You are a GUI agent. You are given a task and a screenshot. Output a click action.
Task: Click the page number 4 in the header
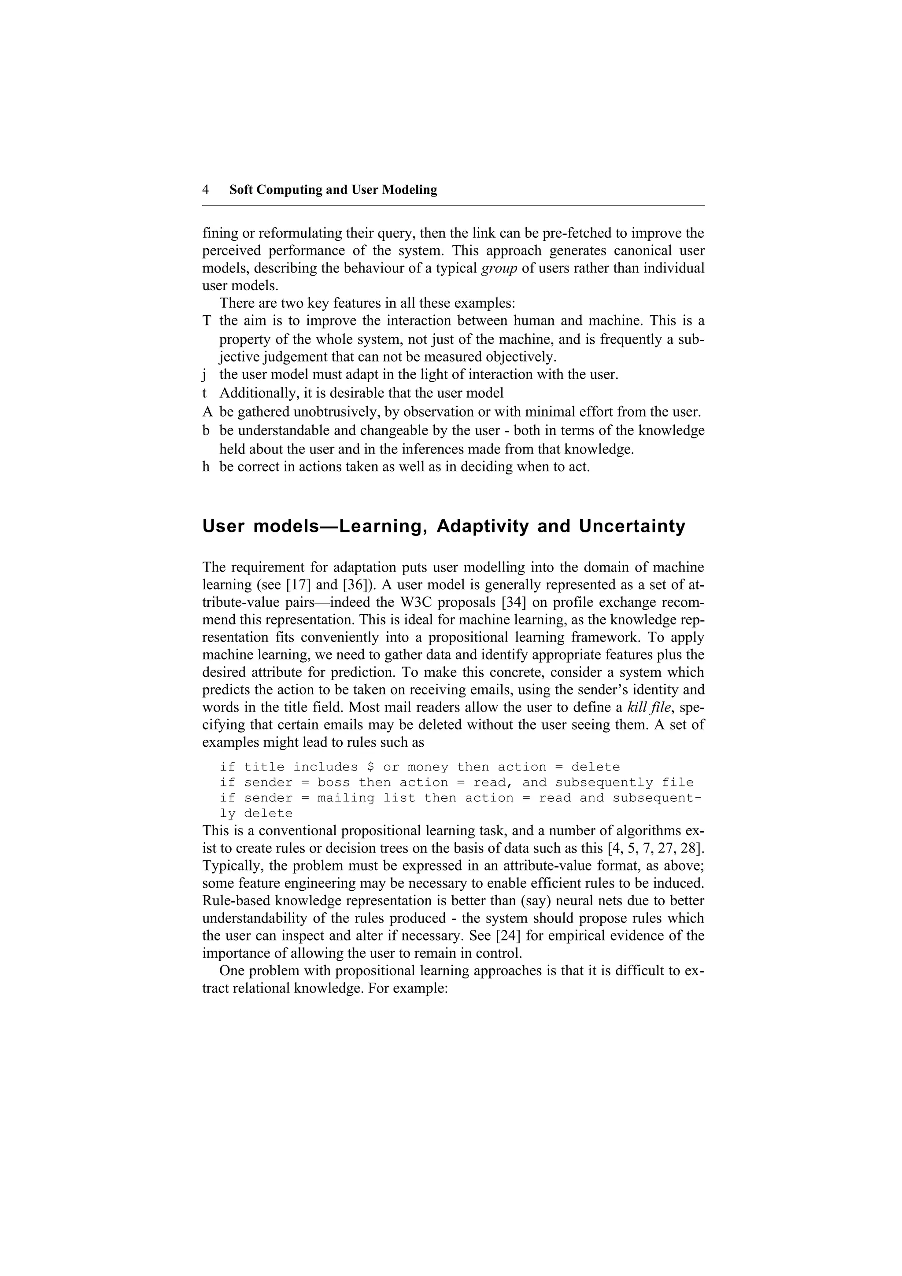[206, 190]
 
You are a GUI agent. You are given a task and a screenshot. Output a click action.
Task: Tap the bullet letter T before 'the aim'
[207, 321]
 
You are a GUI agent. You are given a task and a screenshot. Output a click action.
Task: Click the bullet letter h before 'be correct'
[206, 466]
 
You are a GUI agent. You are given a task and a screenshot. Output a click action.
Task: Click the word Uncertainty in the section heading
[632, 526]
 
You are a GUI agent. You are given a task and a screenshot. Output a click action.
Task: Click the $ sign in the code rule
[371, 767]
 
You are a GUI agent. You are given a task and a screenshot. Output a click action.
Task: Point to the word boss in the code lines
[333, 783]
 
